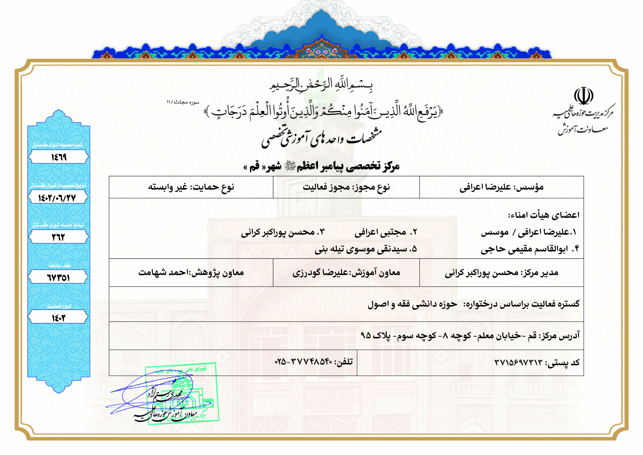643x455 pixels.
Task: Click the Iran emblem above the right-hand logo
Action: tap(583, 96)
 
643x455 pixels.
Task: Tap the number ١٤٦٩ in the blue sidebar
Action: tap(59, 157)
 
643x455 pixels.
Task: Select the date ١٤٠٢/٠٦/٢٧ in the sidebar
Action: tap(58, 198)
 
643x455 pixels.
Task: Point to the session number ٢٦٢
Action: tap(58, 237)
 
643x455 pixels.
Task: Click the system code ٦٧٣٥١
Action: tap(58, 278)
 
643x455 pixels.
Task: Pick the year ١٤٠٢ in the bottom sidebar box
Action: tap(58, 318)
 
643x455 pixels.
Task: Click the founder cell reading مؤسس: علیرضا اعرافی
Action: tap(501, 187)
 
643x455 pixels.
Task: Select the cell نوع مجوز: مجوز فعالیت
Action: tap(346, 187)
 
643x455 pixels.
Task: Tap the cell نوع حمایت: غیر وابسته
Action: tap(191, 187)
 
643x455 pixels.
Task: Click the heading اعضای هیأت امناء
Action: tap(544, 215)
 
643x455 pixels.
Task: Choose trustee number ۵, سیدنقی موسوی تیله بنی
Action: tap(365, 249)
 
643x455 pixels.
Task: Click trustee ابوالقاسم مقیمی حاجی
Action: tap(524, 249)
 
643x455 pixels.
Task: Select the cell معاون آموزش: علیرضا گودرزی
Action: tap(346, 273)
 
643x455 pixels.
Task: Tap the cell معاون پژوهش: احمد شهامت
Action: tap(191, 273)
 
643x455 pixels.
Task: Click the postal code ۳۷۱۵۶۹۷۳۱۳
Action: tap(518, 362)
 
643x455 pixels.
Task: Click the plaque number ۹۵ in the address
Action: tap(366, 335)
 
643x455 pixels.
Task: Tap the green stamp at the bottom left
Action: tap(182, 392)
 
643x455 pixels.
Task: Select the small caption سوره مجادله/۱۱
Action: tap(183, 102)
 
